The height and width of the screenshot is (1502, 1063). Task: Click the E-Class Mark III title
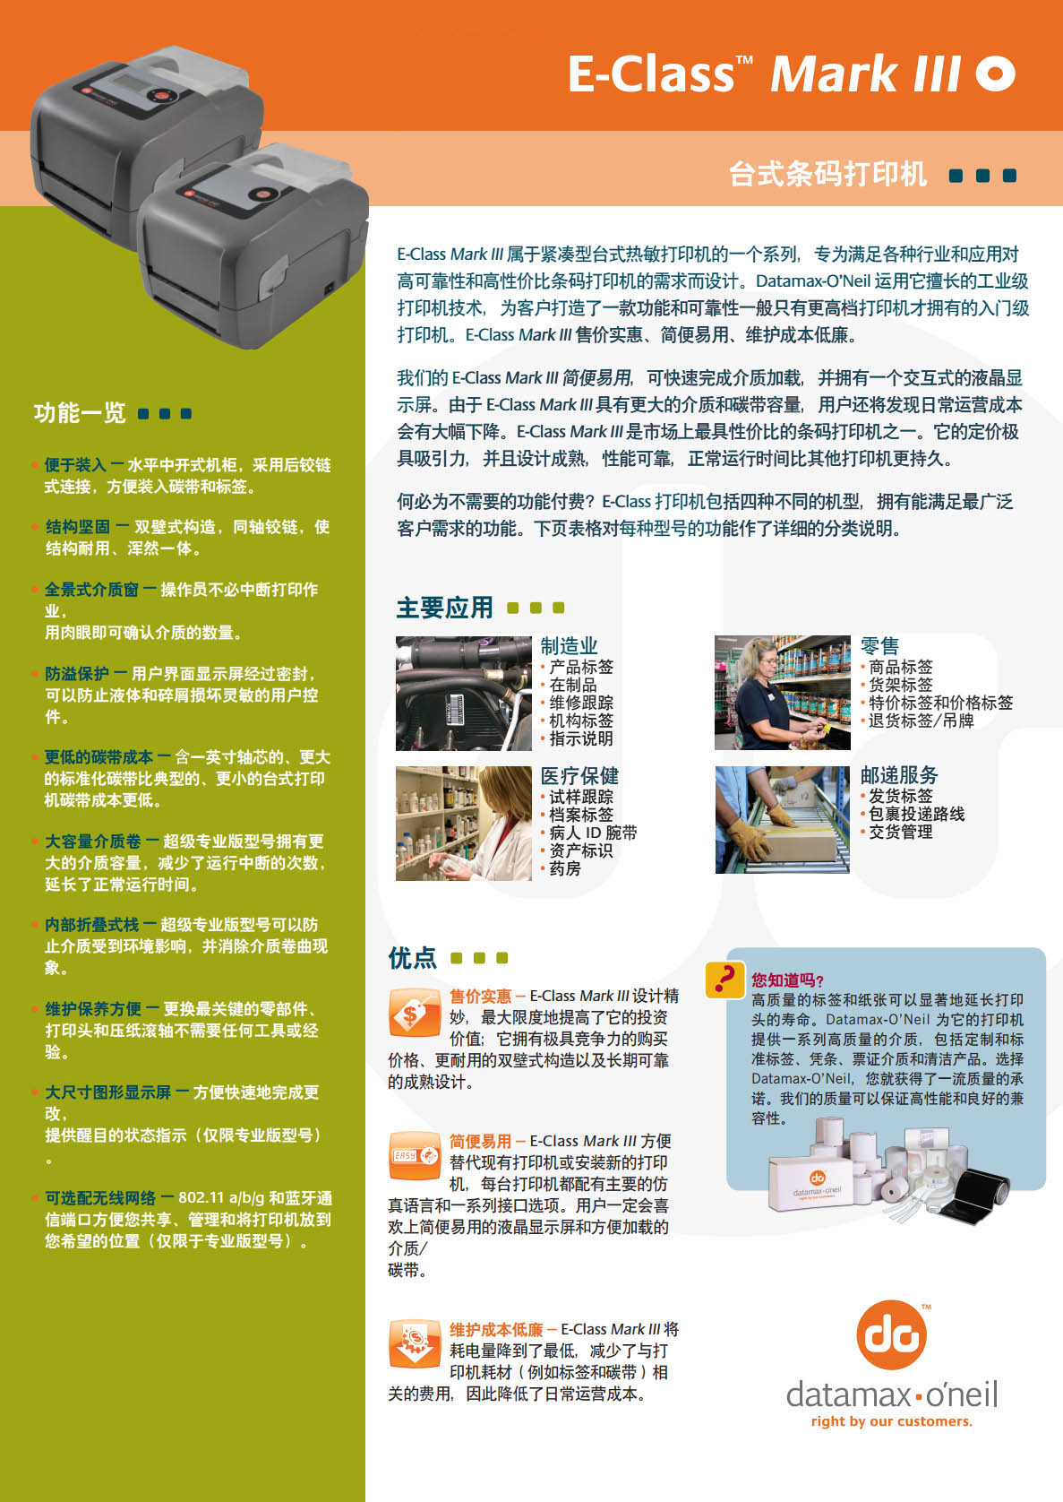(765, 73)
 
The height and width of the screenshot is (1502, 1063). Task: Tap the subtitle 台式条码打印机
(827, 175)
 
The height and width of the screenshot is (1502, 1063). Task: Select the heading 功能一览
(80, 413)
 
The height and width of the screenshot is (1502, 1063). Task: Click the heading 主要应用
(444, 608)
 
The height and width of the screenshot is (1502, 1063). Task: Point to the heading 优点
(412, 957)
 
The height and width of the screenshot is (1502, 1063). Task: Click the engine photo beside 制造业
(463, 694)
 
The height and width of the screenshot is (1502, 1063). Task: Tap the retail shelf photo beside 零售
(782, 693)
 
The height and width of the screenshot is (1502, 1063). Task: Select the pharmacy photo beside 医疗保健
(463, 824)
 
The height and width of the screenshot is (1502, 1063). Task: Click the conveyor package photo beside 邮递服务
(782, 820)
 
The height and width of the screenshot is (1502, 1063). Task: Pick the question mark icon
(724, 980)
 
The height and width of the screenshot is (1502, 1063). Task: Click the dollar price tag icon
(415, 1013)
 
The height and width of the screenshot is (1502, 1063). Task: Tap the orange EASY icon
(415, 1155)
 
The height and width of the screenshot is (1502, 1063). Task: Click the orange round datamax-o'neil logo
(891, 1334)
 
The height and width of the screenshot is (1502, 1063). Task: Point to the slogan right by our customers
(891, 1420)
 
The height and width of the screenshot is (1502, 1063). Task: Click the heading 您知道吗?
(787, 980)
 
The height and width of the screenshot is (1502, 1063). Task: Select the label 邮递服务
(899, 775)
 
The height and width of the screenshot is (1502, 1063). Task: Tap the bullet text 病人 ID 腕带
(593, 833)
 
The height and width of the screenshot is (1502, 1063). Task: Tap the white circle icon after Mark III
(995, 73)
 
